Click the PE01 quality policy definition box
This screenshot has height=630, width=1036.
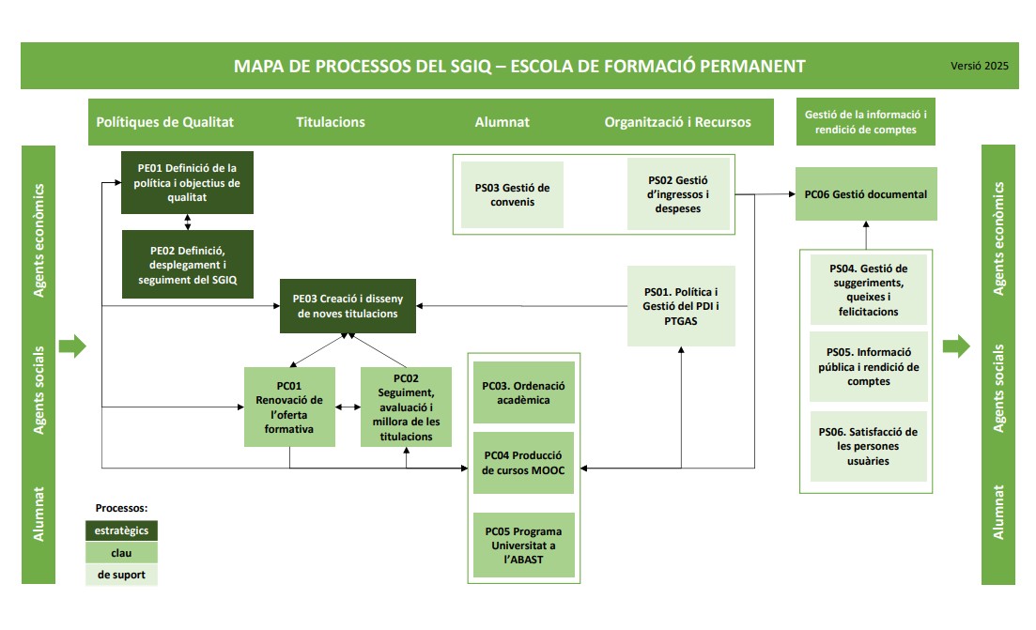tap(188, 183)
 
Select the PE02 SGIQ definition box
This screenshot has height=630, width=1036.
tap(188, 265)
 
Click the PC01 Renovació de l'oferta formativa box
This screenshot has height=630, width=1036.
tap(289, 406)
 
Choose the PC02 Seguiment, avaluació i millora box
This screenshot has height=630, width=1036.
tap(406, 407)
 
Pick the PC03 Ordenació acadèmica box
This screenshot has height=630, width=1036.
tap(523, 392)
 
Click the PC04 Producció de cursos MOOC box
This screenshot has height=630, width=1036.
tap(523, 464)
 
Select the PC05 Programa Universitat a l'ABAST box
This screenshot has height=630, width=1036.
tap(523, 545)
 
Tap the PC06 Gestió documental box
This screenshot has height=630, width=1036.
tap(865, 194)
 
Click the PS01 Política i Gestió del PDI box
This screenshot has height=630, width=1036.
tap(679, 306)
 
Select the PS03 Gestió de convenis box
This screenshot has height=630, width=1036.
tap(512, 194)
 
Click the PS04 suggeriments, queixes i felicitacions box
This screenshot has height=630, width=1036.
tap(868, 290)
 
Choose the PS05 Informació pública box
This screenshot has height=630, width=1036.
tap(868, 367)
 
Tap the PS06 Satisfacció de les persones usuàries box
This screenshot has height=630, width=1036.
tap(868, 446)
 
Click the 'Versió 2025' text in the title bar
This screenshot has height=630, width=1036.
tap(979, 67)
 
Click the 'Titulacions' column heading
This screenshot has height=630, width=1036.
tap(331, 122)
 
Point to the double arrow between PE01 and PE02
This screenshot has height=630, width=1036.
tap(188, 223)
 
